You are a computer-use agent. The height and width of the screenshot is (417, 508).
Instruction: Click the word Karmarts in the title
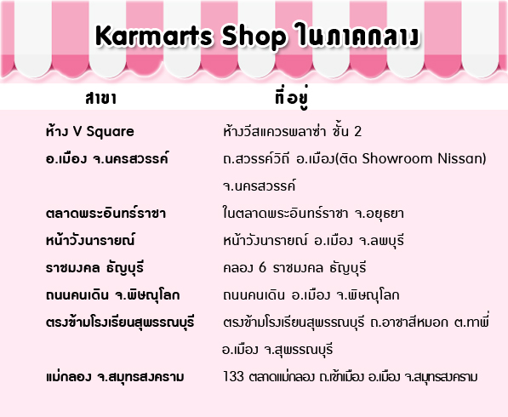[x=153, y=36]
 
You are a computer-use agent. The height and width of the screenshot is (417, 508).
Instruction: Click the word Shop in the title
[x=254, y=37]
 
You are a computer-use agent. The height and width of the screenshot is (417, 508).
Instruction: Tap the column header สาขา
[x=100, y=98]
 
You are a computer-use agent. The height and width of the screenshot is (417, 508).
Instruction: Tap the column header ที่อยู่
[x=291, y=97]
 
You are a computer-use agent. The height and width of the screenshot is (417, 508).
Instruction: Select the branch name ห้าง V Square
[x=89, y=131]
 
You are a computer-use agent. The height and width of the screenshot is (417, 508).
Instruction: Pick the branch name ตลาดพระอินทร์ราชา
[x=106, y=213]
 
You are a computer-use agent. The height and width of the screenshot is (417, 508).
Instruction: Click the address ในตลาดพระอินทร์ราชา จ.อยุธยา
[x=313, y=214]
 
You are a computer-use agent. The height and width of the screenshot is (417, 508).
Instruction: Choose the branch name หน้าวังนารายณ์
[x=90, y=240]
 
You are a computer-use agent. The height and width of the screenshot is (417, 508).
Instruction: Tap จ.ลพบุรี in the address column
[x=382, y=241]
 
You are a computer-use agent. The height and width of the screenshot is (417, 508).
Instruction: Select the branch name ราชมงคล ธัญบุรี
[x=94, y=268]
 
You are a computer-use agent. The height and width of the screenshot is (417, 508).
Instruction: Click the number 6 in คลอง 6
[x=262, y=267]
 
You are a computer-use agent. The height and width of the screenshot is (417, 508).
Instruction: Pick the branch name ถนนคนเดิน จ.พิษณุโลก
[x=112, y=294]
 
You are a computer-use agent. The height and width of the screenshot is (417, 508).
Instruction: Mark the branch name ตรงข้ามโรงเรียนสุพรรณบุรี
[x=120, y=322]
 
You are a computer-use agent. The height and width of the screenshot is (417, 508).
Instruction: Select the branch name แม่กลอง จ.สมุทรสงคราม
[x=115, y=376]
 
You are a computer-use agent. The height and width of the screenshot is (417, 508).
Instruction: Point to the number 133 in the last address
[x=233, y=376]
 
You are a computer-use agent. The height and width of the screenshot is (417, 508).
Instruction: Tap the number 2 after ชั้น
[x=357, y=131]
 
